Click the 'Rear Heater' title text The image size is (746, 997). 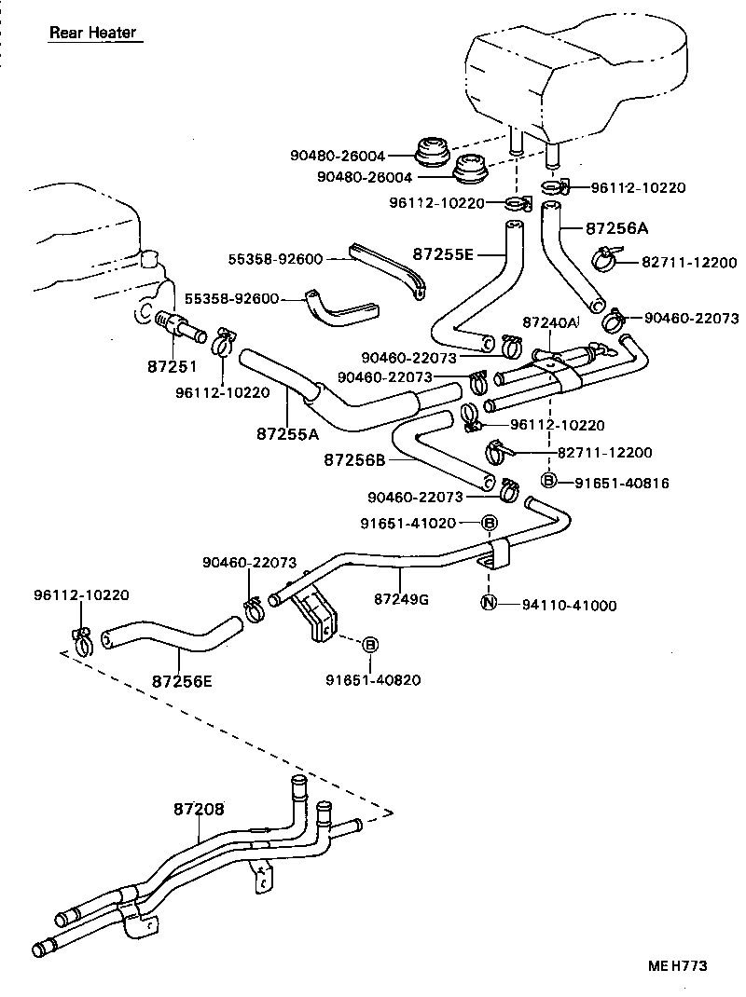[92, 33]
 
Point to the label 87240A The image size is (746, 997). [550, 321]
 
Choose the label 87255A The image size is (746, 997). [287, 433]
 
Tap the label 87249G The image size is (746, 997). [401, 598]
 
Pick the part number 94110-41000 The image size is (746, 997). [570, 605]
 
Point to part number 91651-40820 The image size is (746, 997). [373, 679]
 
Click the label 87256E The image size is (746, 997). [182, 681]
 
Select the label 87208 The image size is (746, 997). [199, 809]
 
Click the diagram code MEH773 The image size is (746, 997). [677, 966]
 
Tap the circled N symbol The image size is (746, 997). [489, 604]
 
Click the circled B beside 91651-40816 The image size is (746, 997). [549, 481]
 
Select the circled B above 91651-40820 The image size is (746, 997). [370, 644]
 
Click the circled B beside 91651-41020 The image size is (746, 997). [490, 524]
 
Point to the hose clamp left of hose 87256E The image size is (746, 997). [81, 640]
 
